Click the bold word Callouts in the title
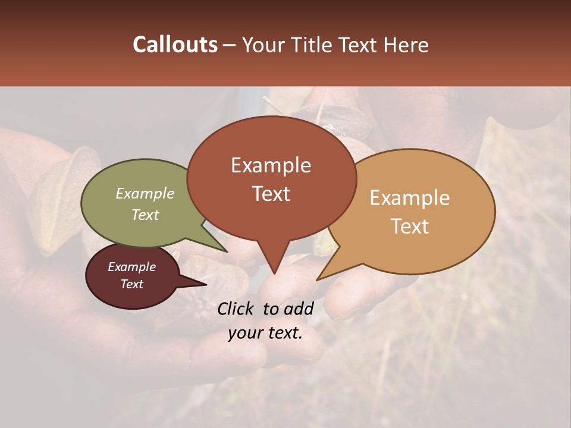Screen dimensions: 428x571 click(175, 45)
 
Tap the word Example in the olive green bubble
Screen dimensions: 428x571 click(145, 193)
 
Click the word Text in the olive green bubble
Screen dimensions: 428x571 click(145, 215)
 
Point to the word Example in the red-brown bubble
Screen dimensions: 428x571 click(271, 165)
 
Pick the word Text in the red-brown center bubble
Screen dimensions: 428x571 click(271, 193)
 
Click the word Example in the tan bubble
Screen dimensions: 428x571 click(410, 198)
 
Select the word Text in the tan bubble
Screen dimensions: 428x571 click(410, 226)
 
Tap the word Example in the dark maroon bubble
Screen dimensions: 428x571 click(131, 267)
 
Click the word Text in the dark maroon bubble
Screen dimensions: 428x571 click(131, 284)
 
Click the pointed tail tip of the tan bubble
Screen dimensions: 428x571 click(317, 280)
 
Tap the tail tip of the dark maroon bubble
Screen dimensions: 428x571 click(206, 284)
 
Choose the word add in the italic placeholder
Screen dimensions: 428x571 click(299, 309)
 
